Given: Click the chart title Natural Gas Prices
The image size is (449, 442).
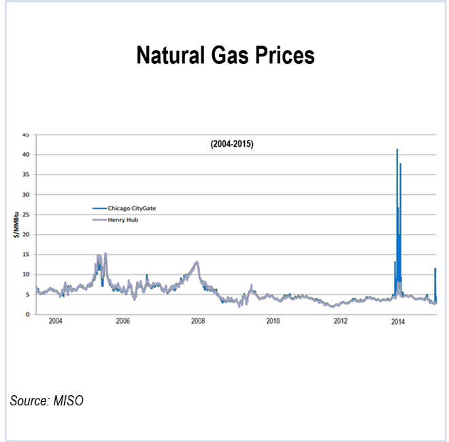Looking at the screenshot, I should pos(225,55).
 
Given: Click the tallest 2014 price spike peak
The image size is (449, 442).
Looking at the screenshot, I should pos(397,150).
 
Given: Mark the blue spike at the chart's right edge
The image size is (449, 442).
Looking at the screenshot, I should pos(435,270).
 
